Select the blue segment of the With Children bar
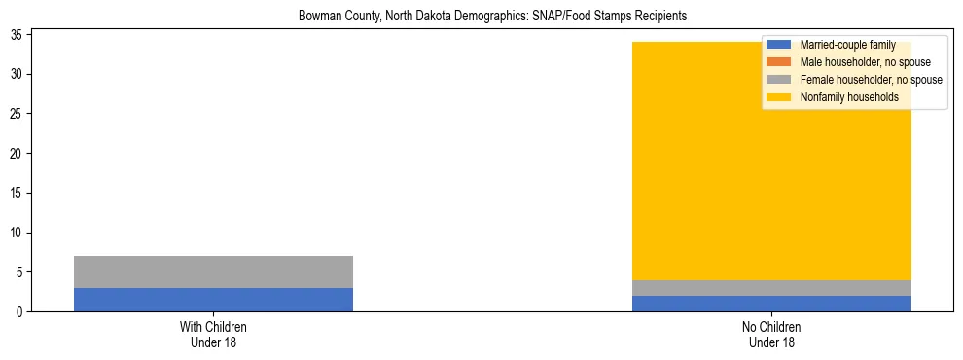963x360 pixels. pos(213,300)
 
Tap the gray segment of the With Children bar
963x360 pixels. pos(213,271)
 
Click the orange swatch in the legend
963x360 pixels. pos(778,62)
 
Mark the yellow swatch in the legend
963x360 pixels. pos(778,97)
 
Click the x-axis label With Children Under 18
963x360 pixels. pos(213,335)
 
